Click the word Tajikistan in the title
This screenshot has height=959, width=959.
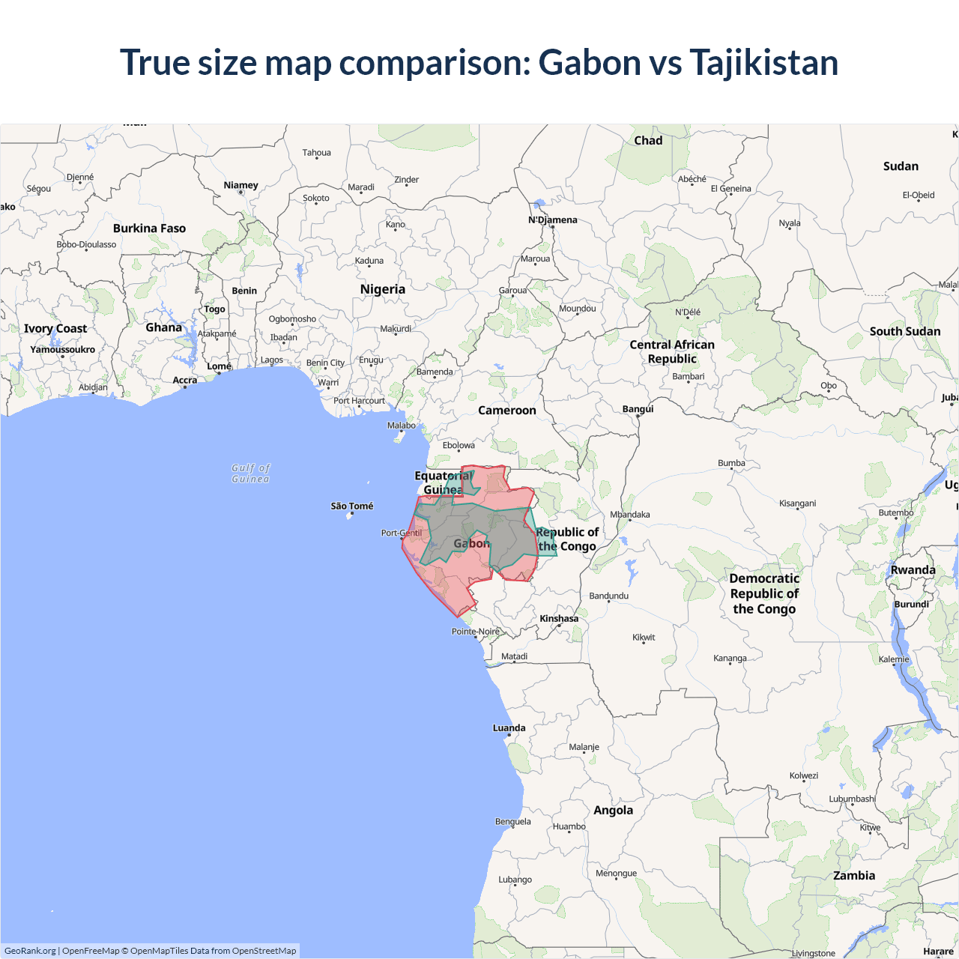[763, 62]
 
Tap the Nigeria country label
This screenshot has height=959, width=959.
[382, 289]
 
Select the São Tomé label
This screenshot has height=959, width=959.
[352, 506]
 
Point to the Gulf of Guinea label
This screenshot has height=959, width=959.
[250, 474]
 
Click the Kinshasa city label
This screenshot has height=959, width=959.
[559, 619]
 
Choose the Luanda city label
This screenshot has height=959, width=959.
[509, 728]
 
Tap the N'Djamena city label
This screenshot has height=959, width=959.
[553, 220]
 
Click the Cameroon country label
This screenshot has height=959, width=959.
[507, 411]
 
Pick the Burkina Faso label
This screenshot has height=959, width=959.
[149, 229]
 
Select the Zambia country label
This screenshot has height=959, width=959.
[854, 876]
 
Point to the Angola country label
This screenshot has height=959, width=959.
[613, 811]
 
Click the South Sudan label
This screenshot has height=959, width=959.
[905, 331]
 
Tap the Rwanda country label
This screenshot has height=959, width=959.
[913, 570]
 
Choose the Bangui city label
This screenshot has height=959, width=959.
[638, 409]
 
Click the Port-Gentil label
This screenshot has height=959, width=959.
[401, 533]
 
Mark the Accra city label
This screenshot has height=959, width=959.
[185, 381]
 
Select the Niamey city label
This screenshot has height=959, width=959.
[240, 185]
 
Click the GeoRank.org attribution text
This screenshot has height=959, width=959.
[30, 951]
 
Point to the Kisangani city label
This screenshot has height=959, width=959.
[797, 503]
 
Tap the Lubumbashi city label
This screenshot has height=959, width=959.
[852, 799]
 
